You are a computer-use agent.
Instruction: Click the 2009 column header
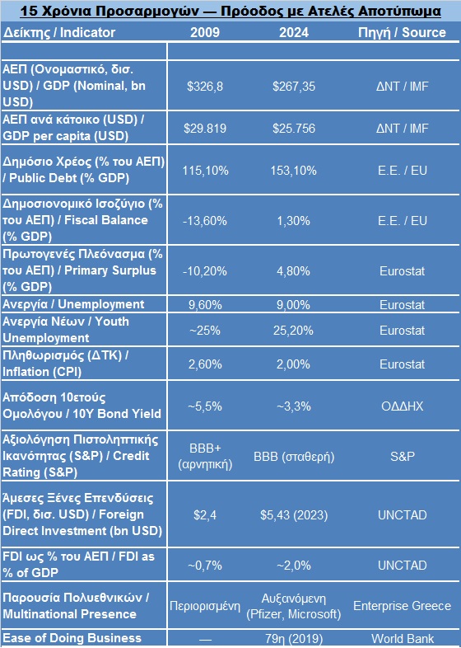(x=205, y=32)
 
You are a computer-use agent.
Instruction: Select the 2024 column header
(x=293, y=32)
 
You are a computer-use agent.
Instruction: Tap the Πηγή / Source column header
(x=402, y=32)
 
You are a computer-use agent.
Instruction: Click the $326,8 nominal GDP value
(x=205, y=86)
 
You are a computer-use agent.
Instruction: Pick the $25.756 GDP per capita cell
(x=293, y=128)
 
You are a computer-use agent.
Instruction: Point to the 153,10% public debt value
(x=293, y=171)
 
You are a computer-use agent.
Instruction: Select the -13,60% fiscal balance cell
(x=205, y=221)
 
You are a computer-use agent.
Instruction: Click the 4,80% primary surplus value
(x=293, y=271)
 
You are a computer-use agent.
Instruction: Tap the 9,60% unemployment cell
(x=205, y=304)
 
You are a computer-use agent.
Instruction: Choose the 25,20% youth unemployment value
(x=293, y=331)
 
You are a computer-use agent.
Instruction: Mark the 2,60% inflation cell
(x=205, y=364)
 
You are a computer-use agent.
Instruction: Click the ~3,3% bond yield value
(x=293, y=406)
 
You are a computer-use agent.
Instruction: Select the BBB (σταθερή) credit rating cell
(x=293, y=457)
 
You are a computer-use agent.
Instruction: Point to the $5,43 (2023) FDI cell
(x=293, y=515)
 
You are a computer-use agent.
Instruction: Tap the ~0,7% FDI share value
(x=205, y=565)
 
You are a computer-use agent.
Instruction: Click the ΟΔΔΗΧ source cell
(x=402, y=406)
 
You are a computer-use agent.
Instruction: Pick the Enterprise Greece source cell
(x=402, y=606)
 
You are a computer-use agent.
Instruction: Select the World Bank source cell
(x=402, y=638)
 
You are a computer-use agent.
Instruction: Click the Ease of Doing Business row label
(x=72, y=638)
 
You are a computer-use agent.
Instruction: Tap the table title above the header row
(x=230, y=11)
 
